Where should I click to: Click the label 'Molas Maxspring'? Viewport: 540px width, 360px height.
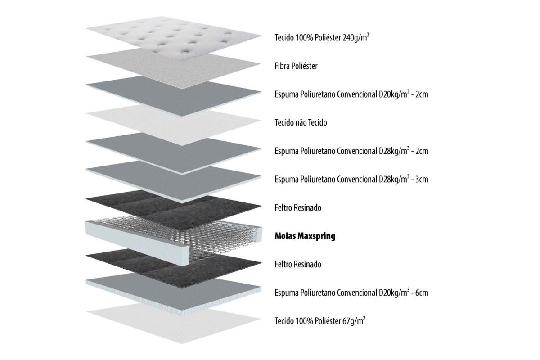(305, 236)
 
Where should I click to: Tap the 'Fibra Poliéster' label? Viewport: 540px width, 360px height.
(296, 66)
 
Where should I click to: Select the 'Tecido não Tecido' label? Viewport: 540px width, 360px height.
(301, 122)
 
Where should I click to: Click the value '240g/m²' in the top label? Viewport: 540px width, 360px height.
(356, 37)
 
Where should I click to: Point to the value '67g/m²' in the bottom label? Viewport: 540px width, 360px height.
(354, 321)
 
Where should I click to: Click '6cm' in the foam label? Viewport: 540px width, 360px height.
(422, 292)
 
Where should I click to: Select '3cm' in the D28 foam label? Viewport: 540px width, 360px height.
(422, 179)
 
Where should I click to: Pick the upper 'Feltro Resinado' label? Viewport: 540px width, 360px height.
(298, 207)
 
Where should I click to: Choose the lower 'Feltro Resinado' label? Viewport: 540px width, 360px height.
(298, 264)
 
